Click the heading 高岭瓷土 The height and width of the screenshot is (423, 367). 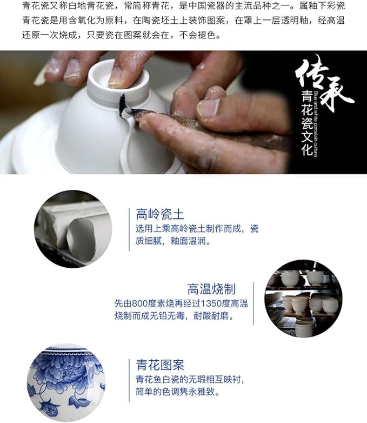pyautogui.click(x=157, y=214)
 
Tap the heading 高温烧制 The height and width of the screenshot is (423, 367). pyautogui.click(x=211, y=288)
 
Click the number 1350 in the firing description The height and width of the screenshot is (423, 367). pyautogui.click(x=203, y=303)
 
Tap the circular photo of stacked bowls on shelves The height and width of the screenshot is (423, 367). pyautogui.click(x=303, y=299)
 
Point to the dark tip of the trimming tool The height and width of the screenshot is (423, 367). pyautogui.click(x=123, y=103)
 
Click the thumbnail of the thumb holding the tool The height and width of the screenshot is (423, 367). pyautogui.click(x=207, y=108)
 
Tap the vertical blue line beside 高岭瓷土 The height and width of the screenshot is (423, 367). pyautogui.click(x=130, y=229)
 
